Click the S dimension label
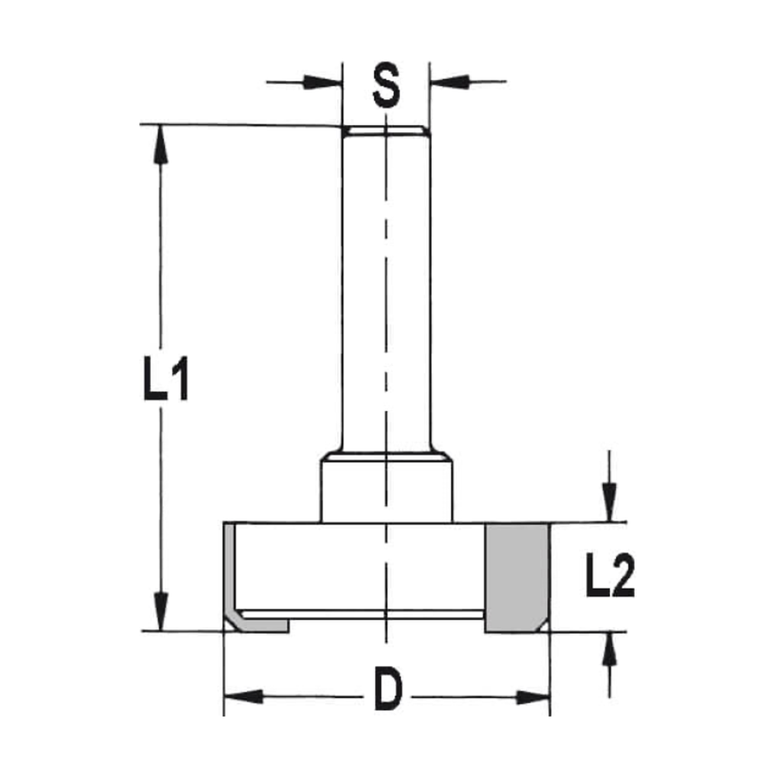coord(385,87)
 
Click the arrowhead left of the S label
coord(326,81)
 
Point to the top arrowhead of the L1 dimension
coord(161,143)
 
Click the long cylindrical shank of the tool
coord(385,295)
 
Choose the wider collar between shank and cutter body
coord(386,490)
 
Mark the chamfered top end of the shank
coord(385,131)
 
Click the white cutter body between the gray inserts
coord(357,567)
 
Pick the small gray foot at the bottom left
coord(264,626)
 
